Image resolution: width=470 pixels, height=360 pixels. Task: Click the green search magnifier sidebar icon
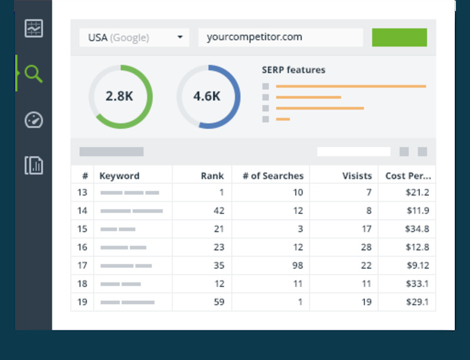coord(33,74)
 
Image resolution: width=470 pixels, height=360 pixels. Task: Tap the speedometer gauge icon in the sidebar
coord(33,120)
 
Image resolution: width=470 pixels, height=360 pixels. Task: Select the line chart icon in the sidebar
coord(33,28)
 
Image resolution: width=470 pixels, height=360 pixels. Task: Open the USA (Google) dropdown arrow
coord(180,38)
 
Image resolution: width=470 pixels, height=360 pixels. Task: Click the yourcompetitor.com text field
coord(280,38)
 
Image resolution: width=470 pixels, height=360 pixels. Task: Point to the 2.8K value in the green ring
coord(119,96)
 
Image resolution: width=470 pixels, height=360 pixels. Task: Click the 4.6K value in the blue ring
coord(207,96)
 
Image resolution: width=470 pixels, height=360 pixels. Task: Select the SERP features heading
coord(293,70)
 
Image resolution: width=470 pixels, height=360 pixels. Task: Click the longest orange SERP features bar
coord(351,86)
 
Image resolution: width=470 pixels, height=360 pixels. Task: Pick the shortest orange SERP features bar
coord(283,119)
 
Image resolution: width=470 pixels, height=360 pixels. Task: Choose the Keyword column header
coord(119,176)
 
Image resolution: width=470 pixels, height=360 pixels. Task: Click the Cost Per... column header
coord(408,176)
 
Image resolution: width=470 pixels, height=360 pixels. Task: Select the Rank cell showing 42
coord(218,210)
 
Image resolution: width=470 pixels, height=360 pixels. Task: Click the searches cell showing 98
coord(297,265)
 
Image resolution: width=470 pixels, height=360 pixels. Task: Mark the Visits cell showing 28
coord(365,247)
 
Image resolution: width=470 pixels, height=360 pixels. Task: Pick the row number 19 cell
coord(82,302)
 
